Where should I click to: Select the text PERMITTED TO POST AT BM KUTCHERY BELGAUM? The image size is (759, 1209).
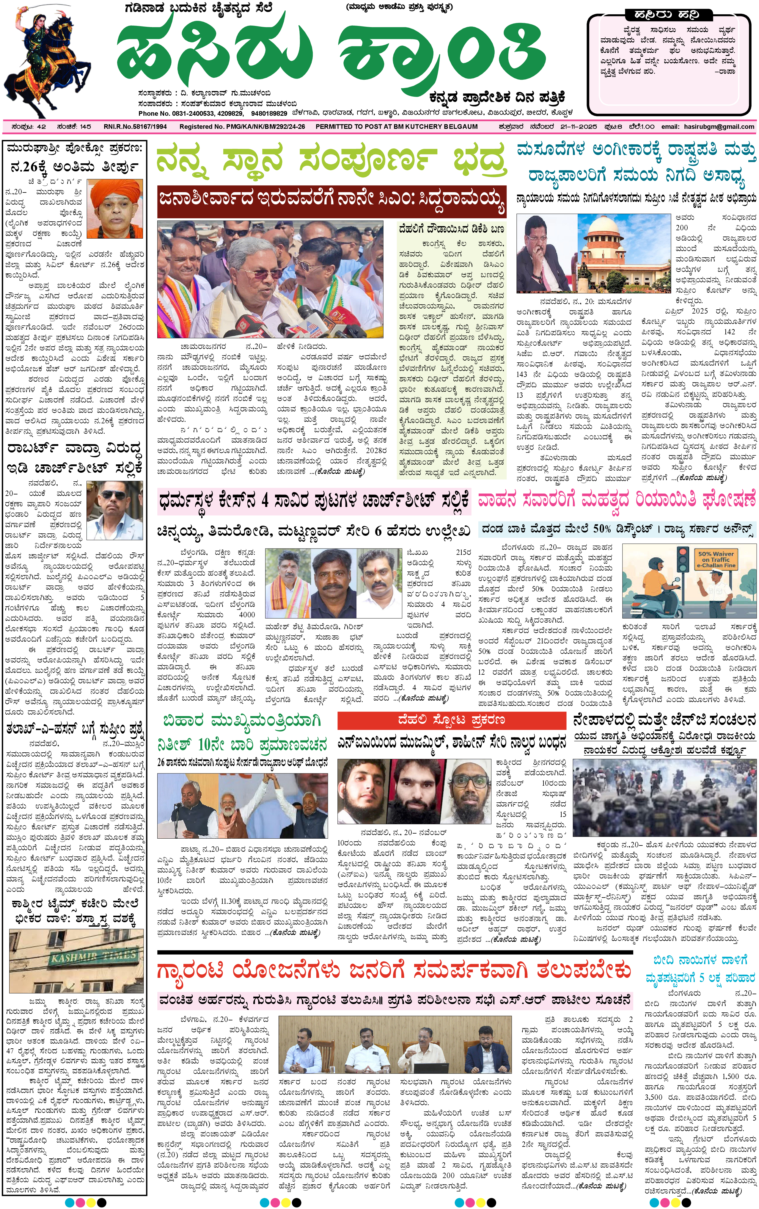pyautogui.click(x=396, y=126)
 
